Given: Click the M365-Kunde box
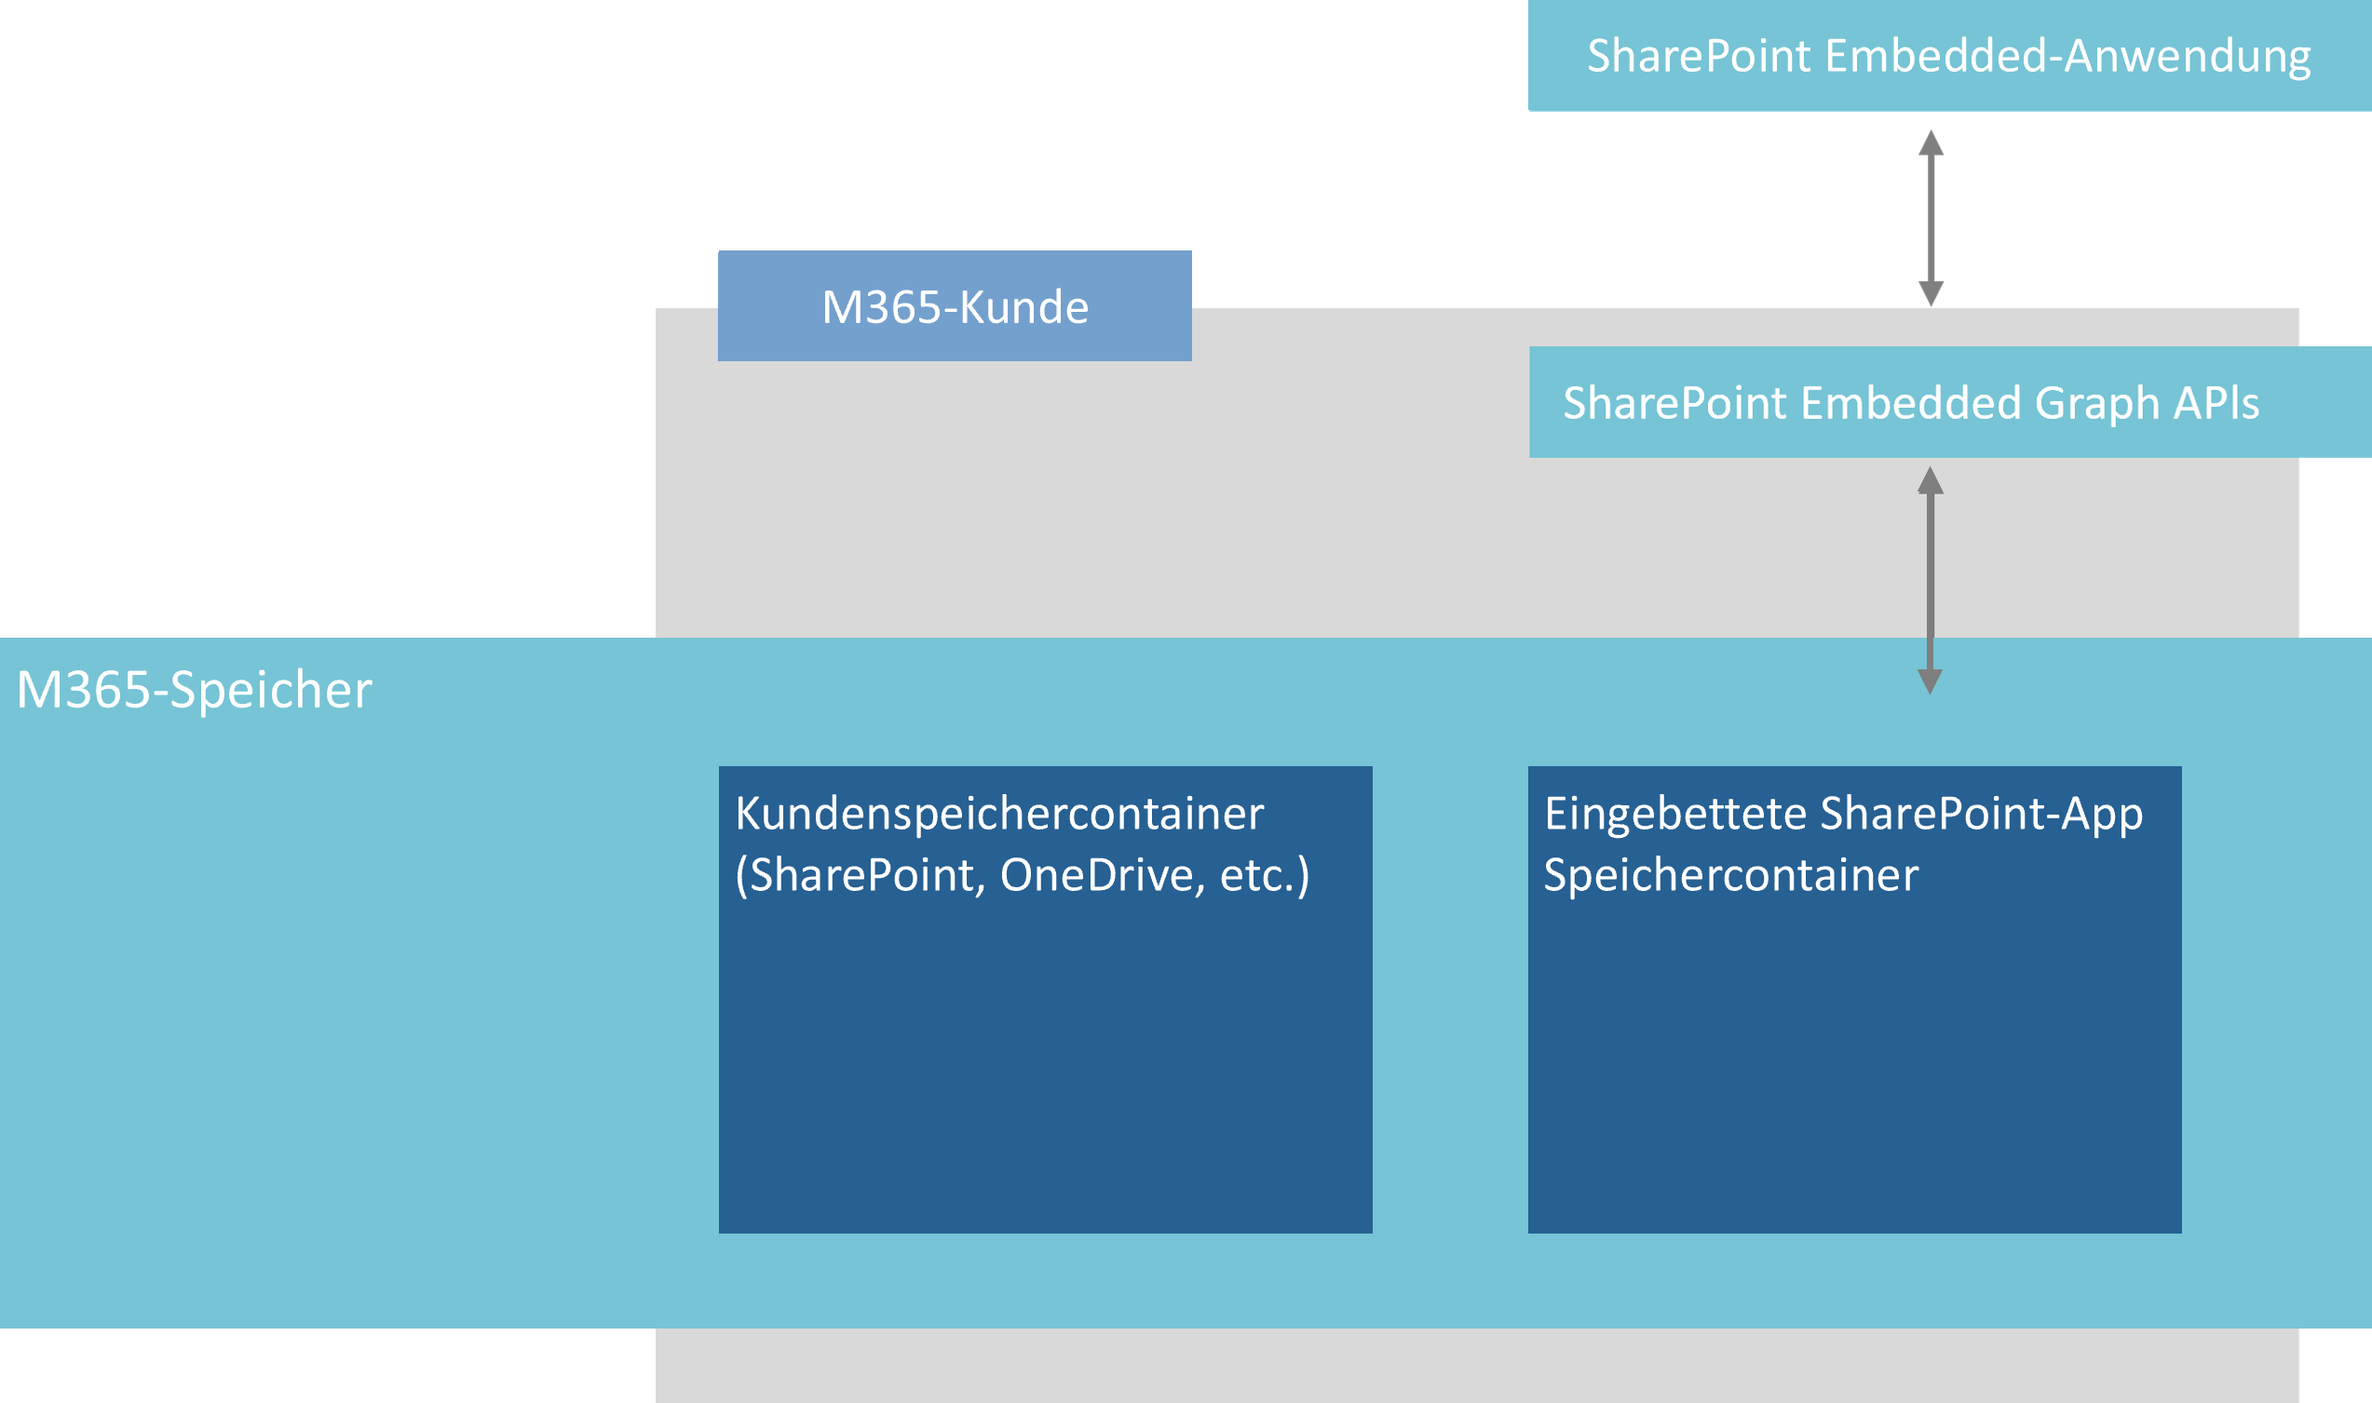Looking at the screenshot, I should tap(955, 306).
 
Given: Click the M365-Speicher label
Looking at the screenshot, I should tap(194, 690).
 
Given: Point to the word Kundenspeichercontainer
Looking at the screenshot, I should tap(998, 814).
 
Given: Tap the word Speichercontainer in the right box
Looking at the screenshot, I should tap(1730, 875).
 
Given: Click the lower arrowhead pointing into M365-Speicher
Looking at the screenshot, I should tap(1931, 680).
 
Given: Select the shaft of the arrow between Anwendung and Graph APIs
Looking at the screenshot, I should tap(1931, 218).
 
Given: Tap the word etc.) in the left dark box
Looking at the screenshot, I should tap(1265, 875).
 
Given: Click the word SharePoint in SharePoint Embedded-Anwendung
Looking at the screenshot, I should tap(1699, 57).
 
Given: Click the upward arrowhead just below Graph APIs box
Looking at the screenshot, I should tap(1931, 481).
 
